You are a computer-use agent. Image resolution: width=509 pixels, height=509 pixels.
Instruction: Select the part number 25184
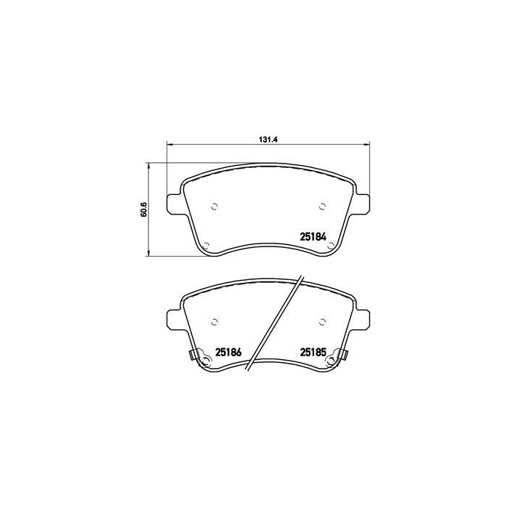click(x=315, y=236)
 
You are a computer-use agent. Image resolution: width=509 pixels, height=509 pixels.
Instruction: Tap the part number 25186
click(x=229, y=353)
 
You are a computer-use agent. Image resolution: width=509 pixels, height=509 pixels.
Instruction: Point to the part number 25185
click(x=315, y=353)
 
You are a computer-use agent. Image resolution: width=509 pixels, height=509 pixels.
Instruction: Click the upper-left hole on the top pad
click(x=214, y=206)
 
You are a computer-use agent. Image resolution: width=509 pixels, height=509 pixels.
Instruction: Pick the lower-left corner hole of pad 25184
click(x=206, y=245)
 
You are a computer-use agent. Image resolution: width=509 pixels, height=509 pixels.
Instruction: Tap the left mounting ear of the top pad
click(x=175, y=204)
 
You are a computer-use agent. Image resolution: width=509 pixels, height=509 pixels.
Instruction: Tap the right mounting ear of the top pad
click(x=364, y=204)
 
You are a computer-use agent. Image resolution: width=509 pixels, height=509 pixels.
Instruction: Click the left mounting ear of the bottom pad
click(x=175, y=318)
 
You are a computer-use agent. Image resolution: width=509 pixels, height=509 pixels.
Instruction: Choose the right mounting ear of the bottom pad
click(x=364, y=318)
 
